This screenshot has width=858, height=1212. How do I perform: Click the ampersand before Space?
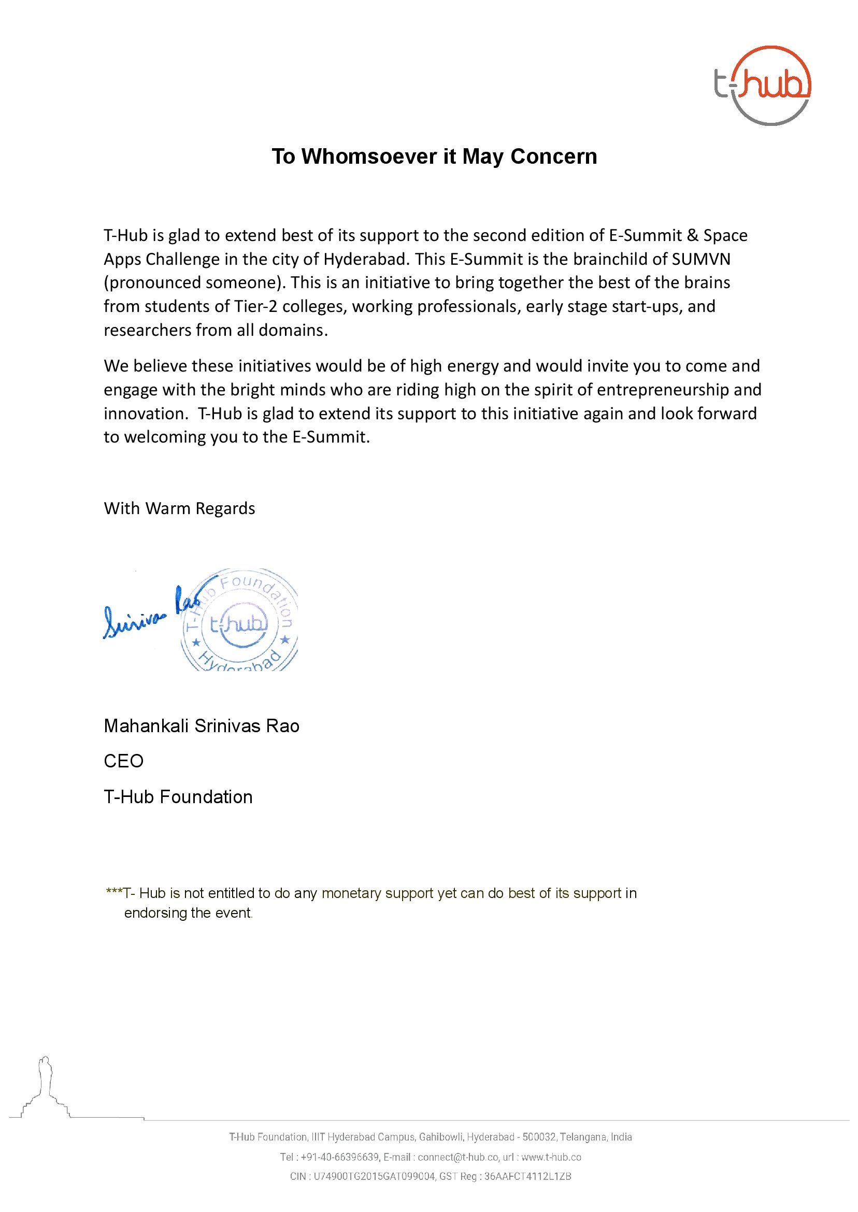pyautogui.click(x=693, y=235)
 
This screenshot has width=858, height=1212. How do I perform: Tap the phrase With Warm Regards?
pyautogui.click(x=179, y=508)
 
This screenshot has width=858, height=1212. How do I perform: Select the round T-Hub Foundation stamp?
pyautogui.click(x=239, y=621)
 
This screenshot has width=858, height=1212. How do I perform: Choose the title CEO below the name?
pyautogui.click(x=124, y=761)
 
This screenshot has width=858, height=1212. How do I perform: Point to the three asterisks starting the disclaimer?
pyautogui.click(x=113, y=892)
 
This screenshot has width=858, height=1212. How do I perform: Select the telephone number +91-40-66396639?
pyautogui.click(x=339, y=1157)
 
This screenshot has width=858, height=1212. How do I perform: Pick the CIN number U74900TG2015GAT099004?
pyautogui.click(x=374, y=1176)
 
